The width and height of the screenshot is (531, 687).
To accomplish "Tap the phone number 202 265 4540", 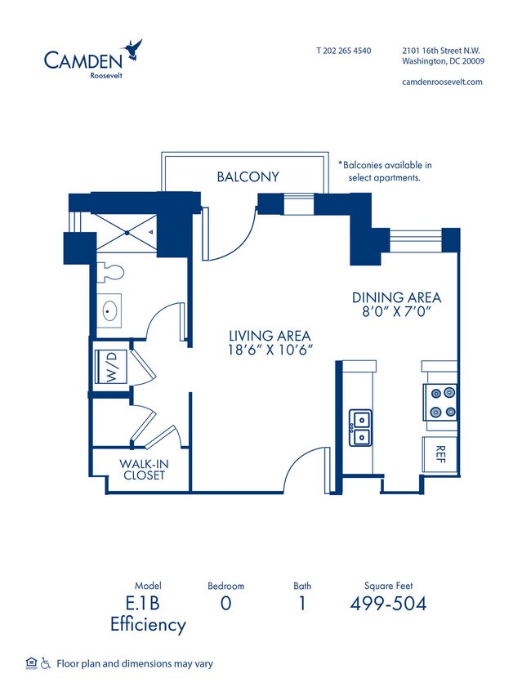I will pyautogui.click(x=343, y=51).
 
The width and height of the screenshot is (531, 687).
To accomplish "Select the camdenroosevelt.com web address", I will pyautogui.click(x=442, y=82).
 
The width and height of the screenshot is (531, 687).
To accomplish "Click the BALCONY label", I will pyautogui.click(x=248, y=176).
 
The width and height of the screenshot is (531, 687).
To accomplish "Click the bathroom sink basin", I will pyautogui.click(x=109, y=312).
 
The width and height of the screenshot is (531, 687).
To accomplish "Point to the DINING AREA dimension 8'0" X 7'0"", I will pyautogui.click(x=396, y=311).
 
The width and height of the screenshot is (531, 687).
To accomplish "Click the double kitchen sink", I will pyautogui.click(x=359, y=427).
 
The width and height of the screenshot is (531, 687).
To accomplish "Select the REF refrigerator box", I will pyautogui.click(x=440, y=454).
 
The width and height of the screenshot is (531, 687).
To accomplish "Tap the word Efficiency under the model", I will pyautogui.click(x=148, y=626).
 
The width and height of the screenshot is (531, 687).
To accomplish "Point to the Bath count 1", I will pyautogui.click(x=301, y=604).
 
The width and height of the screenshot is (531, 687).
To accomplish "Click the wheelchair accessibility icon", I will pyautogui.click(x=45, y=663).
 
